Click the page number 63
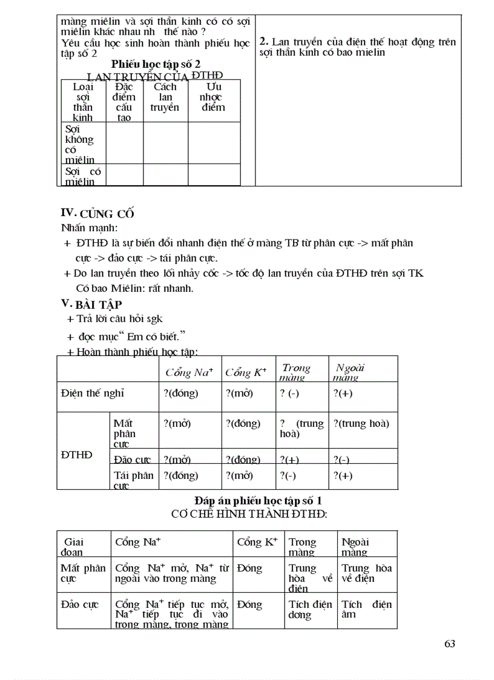click(449, 644)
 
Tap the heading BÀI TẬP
click(99, 305)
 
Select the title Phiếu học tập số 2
click(156, 64)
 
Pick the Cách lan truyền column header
click(165, 97)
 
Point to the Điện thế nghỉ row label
click(93, 393)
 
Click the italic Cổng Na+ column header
click(189, 372)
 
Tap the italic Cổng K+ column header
click(245, 372)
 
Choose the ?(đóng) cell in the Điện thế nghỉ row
click(180, 393)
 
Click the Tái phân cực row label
click(133, 480)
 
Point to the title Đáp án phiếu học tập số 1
click(262, 501)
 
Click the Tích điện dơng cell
click(310, 609)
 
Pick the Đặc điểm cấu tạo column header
click(124, 102)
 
